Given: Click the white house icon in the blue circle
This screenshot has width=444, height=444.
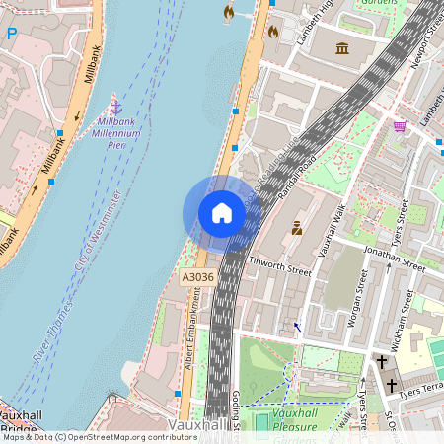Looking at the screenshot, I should (222, 213).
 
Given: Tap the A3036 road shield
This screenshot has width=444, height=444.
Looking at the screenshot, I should (198, 278).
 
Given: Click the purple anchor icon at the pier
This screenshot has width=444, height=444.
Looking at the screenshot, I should (115, 105).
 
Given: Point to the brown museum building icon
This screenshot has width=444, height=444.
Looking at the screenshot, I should (342, 48).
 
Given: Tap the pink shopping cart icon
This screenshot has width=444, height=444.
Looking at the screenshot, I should (400, 126).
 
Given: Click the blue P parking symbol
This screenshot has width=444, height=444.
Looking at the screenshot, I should (12, 33).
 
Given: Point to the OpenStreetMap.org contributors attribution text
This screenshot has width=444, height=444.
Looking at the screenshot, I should (128, 437).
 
